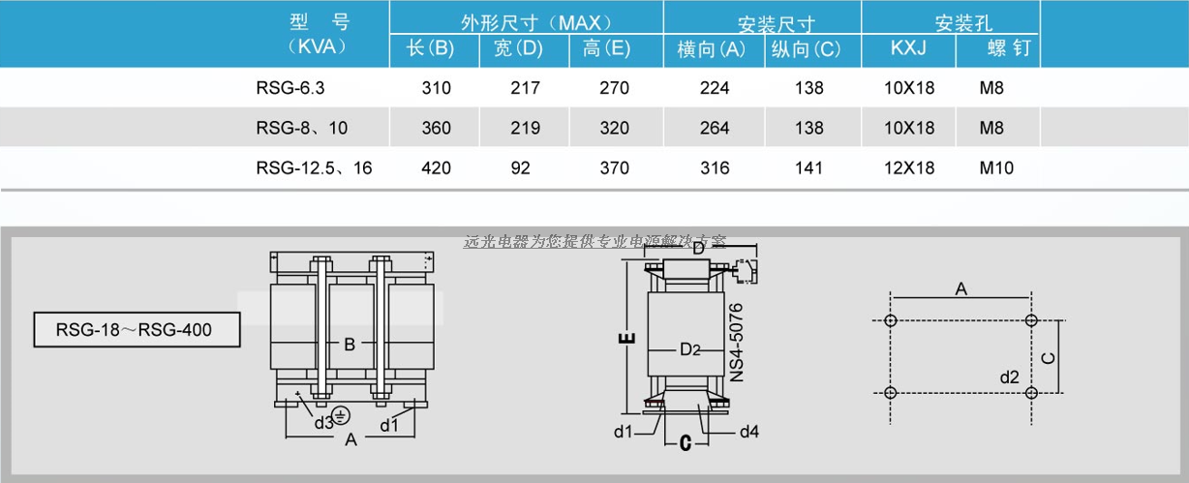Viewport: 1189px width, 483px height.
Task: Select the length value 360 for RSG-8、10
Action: coord(436,128)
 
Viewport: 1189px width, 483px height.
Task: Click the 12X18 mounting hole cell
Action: coord(909,167)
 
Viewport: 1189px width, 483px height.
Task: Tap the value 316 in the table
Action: coord(715,167)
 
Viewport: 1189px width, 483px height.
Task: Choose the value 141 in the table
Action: coord(808,167)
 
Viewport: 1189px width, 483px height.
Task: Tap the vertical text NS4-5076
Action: coord(737,342)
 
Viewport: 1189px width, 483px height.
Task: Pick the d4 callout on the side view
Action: coord(748,431)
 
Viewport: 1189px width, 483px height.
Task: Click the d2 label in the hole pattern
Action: coord(1008,376)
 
